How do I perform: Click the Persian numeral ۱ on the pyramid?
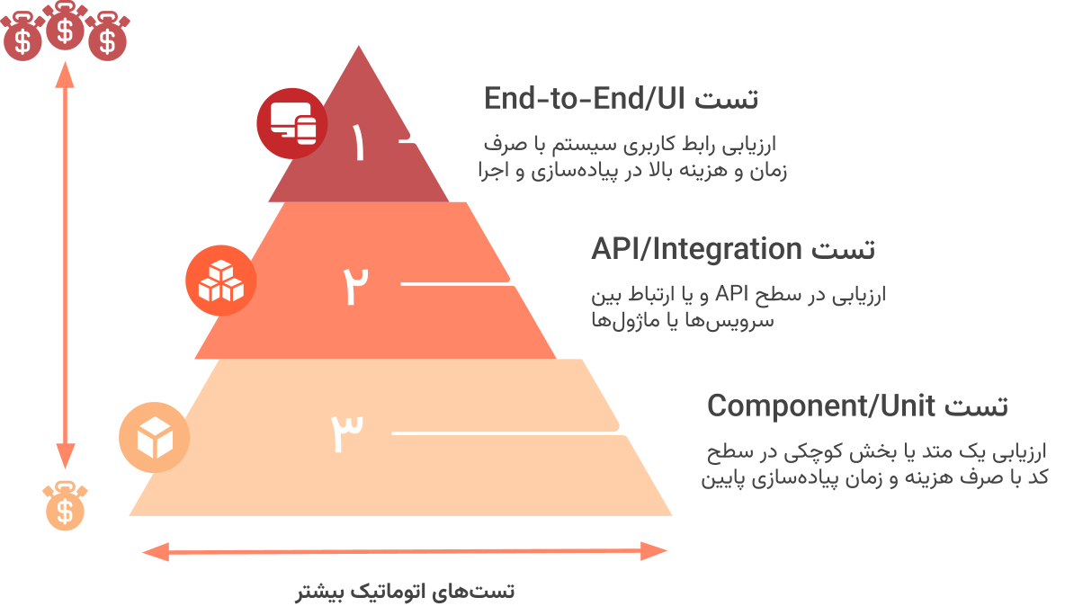pos(359,143)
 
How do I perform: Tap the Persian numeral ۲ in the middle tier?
pos(356,286)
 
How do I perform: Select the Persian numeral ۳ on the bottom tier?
pos(347,433)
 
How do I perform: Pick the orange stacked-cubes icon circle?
pos(220,280)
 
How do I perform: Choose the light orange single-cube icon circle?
pos(154,438)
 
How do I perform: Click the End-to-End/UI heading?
pos(621,98)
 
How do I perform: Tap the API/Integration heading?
pos(732,248)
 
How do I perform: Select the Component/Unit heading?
pos(856,406)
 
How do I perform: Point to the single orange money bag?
pos(65,506)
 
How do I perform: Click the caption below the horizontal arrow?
pos(405,592)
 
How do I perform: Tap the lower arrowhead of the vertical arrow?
pos(65,459)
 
